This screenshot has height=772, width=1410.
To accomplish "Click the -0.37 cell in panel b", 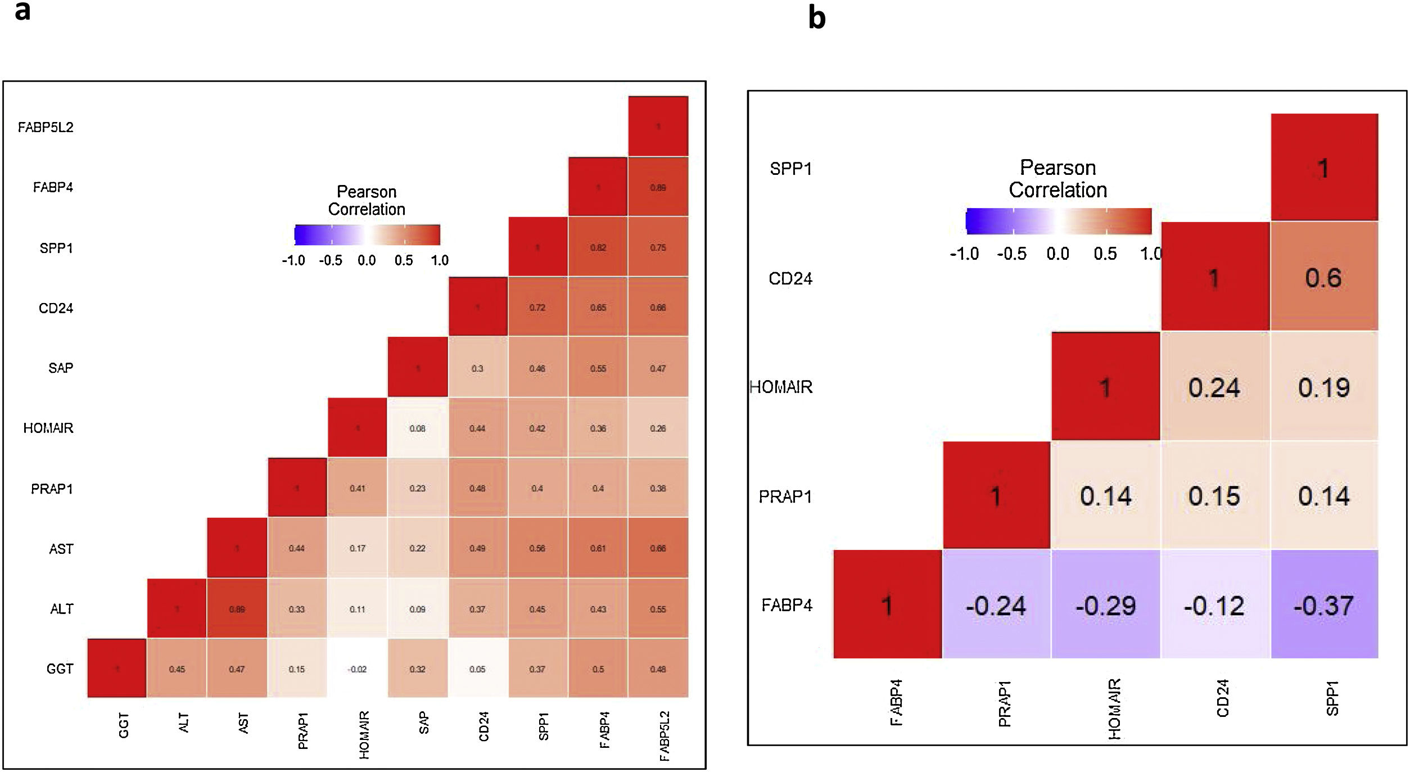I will (1324, 605).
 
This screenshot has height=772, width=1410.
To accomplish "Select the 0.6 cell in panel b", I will (1324, 277).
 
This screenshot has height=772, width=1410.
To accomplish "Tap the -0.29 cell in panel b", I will (1105, 605).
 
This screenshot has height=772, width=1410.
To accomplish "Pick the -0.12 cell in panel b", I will (1214, 605).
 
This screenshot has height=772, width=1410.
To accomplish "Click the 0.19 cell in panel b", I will (1324, 387).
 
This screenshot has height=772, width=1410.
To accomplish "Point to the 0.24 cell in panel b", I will (1214, 387).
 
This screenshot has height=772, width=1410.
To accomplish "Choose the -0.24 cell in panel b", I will (996, 605).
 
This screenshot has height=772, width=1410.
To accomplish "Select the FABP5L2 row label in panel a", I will (46, 127).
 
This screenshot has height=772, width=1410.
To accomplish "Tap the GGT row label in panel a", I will (60, 669).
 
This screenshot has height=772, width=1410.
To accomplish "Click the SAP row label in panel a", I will (61, 368).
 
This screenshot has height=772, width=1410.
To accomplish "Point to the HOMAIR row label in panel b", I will (781, 387).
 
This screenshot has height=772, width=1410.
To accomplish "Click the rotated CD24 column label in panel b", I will (1223, 698).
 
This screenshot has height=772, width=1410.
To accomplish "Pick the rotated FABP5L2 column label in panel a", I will (665, 736).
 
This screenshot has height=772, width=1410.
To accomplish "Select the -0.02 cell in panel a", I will (357, 669).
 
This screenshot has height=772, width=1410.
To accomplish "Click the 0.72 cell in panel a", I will (537, 308).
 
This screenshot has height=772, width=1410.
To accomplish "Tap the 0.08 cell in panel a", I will (417, 428).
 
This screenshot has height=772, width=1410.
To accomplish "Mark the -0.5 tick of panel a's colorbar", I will (331, 260).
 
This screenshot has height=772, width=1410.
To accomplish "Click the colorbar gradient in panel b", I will (1058, 221).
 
